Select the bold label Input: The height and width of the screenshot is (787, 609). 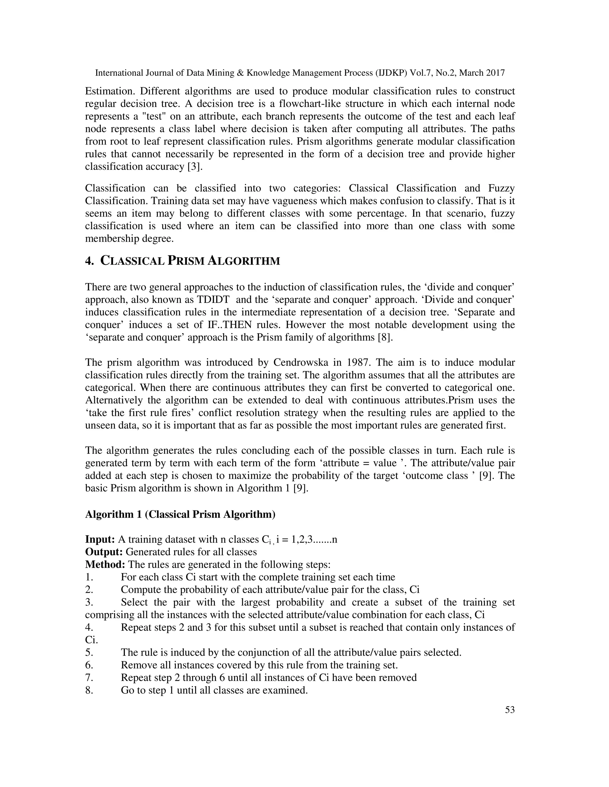click(x=100, y=539)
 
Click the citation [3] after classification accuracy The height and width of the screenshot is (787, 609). click(x=188, y=167)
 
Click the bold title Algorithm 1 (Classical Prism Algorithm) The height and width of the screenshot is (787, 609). click(x=180, y=514)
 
